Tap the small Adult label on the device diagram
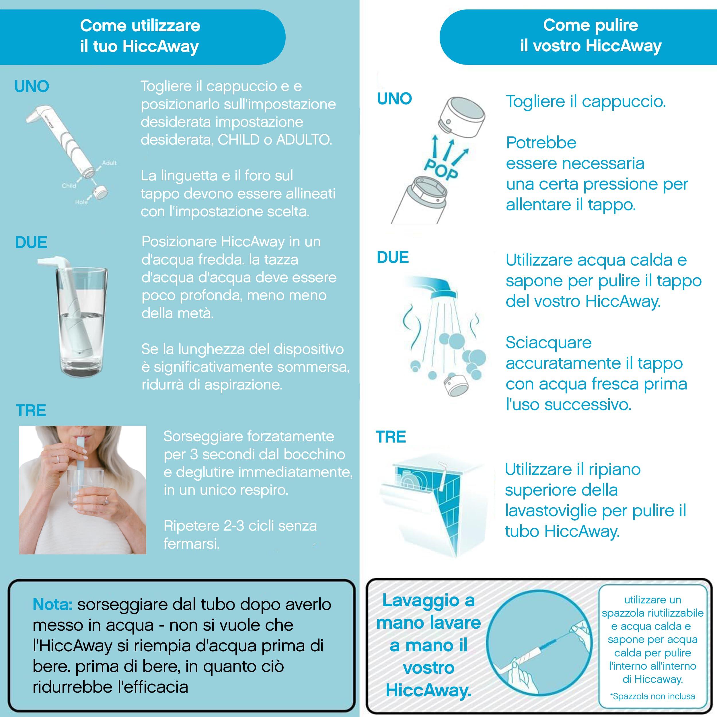pos(109,163)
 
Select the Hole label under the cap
pos(81,202)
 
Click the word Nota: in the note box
pos(52,605)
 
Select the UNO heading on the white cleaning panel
pos(395,99)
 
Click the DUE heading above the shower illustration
pos(393,258)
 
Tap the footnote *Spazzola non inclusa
pos(652,696)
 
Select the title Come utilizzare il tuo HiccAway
pos(140,36)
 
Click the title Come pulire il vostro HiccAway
pos(591,35)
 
